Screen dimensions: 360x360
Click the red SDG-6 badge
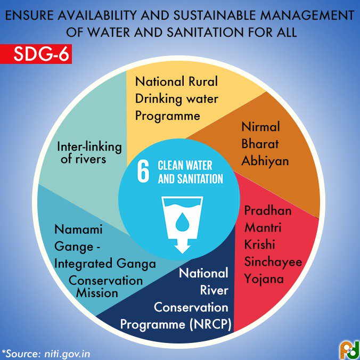click(x=36, y=54)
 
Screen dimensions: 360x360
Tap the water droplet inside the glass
click(x=182, y=222)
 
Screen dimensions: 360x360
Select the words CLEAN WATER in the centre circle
click(x=185, y=165)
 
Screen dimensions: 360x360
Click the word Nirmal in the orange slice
click(x=260, y=127)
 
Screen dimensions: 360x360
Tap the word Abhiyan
click(x=265, y=161)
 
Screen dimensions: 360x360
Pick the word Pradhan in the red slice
click(x=268, y=210)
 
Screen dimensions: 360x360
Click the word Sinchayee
click(x=273, y=262)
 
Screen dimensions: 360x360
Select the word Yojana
click(x=264, y=279)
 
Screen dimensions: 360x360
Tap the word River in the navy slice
click(x=214, y=290)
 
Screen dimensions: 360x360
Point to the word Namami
click(x=78, y=230)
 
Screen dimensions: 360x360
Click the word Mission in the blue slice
click(x=97, y=293)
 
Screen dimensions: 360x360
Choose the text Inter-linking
click(x=89, y=148)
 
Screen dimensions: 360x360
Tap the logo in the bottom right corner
click(x=349, y=350)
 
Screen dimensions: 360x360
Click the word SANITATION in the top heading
click(x=205, y=32)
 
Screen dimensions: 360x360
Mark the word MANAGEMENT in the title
click(x=307, y=15)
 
